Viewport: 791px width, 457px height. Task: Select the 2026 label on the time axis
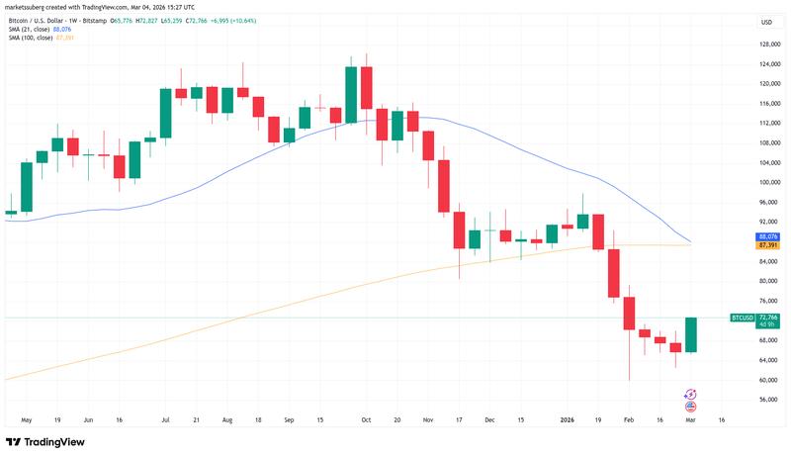pos(567,419)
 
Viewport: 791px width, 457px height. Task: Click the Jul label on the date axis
pos(165,419)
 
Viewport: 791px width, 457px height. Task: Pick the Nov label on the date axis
pos(428,419)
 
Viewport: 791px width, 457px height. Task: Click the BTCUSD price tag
pos(743,318)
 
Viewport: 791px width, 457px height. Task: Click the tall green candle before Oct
pos(351,95)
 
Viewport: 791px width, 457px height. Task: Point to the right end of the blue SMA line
pos(691,242)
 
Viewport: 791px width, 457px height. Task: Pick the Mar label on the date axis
pos(691,419)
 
